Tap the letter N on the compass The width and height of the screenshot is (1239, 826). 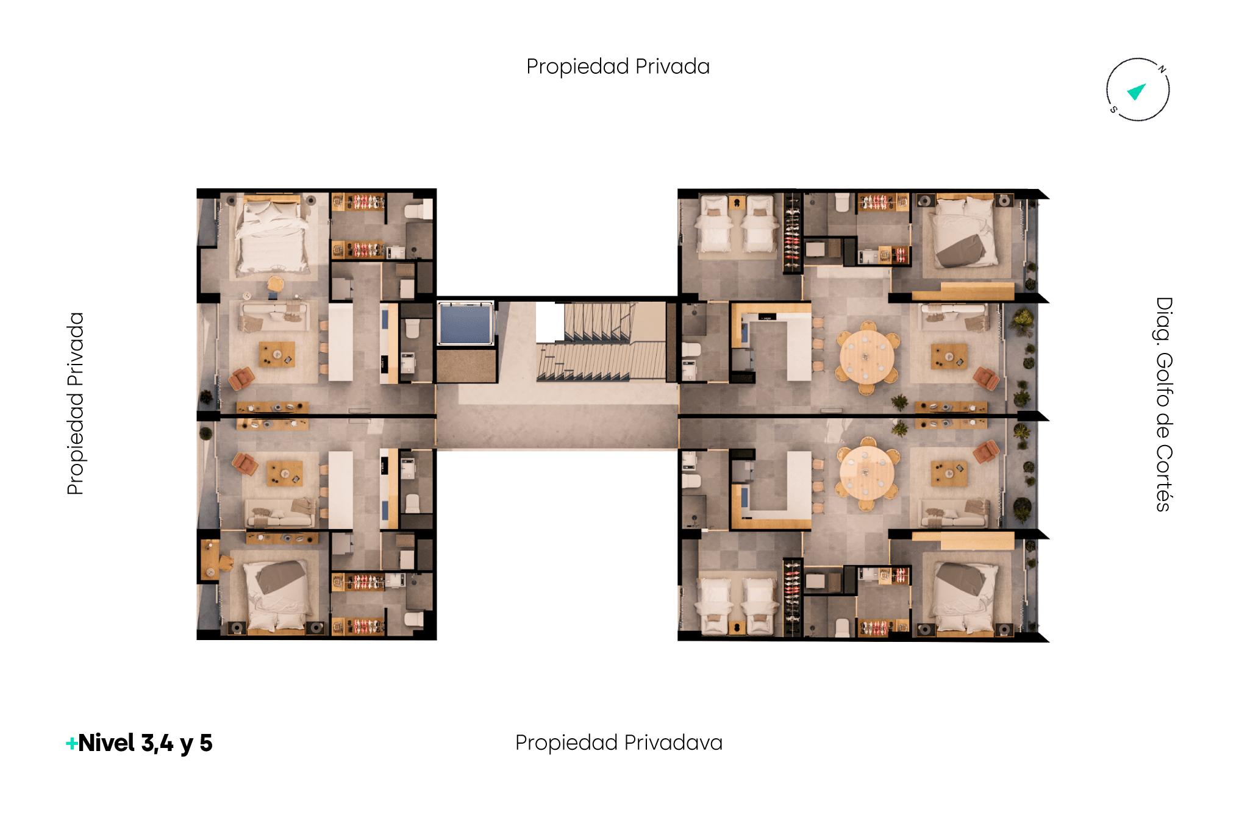[x=1162, y=69]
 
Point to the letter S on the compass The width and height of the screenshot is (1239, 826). [x=1113, y=110]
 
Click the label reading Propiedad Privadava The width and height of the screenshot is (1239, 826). [x=618, y=742]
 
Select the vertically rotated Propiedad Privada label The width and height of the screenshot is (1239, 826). [x=75, y=403]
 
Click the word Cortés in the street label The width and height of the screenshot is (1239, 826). [x=1163, y=478]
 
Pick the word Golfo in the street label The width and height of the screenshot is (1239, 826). [x=1163, y=380]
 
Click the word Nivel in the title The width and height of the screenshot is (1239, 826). [x=107, y=742]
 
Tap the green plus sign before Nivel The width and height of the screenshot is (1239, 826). [x=71, y=743]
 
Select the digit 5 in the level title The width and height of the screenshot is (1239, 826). [x=206, y=743]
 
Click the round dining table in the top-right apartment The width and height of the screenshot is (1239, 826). [x=866, y=357]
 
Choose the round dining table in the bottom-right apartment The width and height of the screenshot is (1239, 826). [x=866, y=474]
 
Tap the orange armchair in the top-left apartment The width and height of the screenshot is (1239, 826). [x=242, y=378]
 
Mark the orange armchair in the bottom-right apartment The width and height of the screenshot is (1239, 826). [x=986, y=452]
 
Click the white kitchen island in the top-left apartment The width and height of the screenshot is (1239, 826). [x=341, y=342]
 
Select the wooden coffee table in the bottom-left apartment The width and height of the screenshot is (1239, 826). [x=285, y=473]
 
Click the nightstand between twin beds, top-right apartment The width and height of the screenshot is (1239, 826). [x=737, y=202]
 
